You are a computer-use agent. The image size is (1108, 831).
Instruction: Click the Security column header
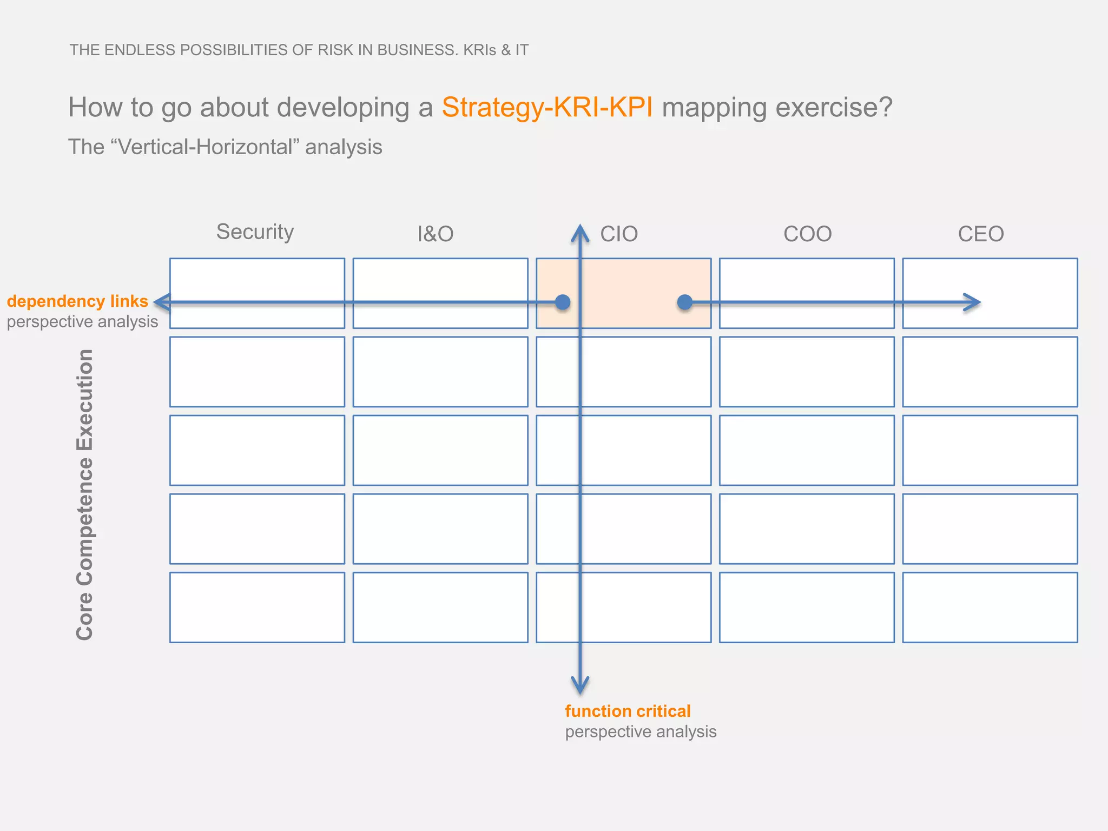(x=255, y=232)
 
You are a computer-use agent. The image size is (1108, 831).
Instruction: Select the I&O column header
(x=435, y=234)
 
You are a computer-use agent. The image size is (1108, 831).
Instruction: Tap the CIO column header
(x=619, y=234)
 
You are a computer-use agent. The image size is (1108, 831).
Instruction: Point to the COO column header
(x=807, y=234)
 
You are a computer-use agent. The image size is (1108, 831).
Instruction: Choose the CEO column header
(x=981, y=234)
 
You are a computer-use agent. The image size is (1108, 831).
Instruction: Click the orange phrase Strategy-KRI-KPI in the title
(x=547, y=107)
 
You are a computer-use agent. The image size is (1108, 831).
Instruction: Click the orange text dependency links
(x=77, y=301)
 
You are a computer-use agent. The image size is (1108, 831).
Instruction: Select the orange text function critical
(x=628, y=711)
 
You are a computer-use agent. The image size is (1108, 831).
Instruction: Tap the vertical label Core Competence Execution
(x=85, y=494)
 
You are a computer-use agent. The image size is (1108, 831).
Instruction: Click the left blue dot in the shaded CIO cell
(x=563, y=302)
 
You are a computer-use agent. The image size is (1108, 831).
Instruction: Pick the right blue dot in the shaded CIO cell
(x=685, y=302)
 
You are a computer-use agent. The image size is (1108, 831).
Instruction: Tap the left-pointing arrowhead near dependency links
(x=161, y=302)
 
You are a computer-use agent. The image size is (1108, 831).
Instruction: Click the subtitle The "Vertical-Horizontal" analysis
(x=225, y=147)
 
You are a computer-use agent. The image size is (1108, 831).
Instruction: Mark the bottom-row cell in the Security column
(x=257, y=607)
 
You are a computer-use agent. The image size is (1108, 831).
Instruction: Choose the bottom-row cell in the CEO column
(x=990, y=607)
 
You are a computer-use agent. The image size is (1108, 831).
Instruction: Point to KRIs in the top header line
(x=479, y=50)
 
